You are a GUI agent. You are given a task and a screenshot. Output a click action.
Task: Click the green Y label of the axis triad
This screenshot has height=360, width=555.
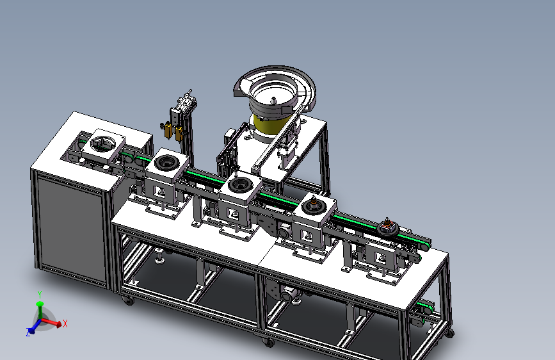click(x=40, y=295)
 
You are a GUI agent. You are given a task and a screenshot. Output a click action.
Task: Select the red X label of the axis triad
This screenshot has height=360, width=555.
click(x=65, y=323)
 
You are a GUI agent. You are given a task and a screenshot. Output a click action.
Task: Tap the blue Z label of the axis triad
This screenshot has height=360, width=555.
click(x=28, y=332)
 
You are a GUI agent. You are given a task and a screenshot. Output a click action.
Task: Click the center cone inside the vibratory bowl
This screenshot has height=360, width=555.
click(x=273, y=101)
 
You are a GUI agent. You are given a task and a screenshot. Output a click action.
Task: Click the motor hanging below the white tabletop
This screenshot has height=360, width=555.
click(x=289, y=294)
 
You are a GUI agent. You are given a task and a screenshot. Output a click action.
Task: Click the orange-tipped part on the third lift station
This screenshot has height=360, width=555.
click(x=313, y=203)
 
